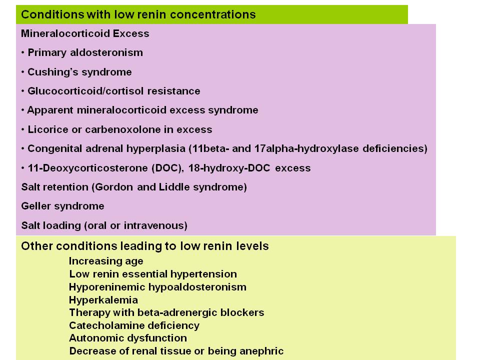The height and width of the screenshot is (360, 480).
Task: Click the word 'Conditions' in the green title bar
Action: click(x=52, y=14)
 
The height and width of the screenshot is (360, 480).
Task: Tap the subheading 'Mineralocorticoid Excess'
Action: click(x=85, y=33)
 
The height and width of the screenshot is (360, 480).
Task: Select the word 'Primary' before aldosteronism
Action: click(x=47, y=53)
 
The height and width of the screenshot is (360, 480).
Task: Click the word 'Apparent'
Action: click(x=50, y=110)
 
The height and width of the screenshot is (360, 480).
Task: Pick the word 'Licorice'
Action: click(x=48, y=129)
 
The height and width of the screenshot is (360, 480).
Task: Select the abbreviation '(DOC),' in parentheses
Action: click(x=168, y=168)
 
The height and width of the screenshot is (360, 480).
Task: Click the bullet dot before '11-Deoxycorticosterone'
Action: click(x=23, y=168)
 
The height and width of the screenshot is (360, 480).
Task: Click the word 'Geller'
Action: click(x=36, y=206)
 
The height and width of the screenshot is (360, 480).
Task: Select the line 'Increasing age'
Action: click(x=106, y=261)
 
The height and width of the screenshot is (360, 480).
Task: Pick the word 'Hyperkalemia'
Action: click(x=103, y=300)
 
